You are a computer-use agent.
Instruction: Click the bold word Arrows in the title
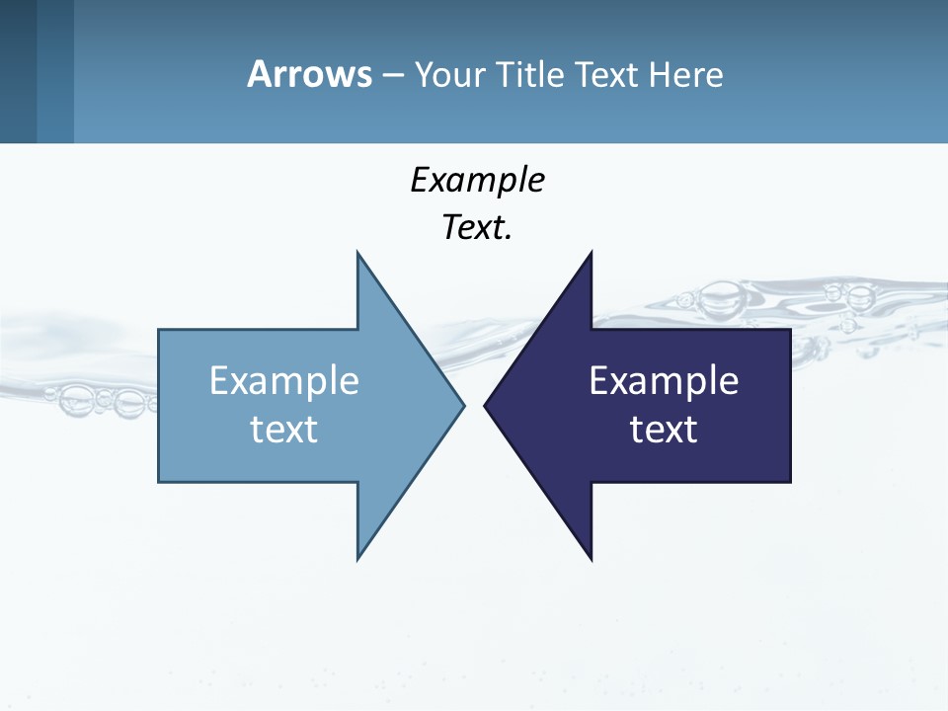click(x=309, y=74)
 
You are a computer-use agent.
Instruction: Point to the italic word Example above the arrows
click(x=477, y=180)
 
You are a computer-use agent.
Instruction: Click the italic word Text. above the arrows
click(x=477, y=227)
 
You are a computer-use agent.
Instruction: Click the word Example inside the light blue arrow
click(x=284, y=380)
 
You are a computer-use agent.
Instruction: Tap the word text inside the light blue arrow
click(x=284, y=429)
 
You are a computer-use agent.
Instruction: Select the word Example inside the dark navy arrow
click(x=664, y=380)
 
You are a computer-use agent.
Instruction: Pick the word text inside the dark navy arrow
click(x=664, y=429)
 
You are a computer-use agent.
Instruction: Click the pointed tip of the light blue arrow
click(x=462, y=405)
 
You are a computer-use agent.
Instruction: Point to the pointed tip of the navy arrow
click(x=486, y=405)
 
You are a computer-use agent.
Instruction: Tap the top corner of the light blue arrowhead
click(x=357, y=253)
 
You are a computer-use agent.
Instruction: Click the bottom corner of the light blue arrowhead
click(x=357, y=558)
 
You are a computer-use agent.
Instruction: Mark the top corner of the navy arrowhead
click(x=591, y=253)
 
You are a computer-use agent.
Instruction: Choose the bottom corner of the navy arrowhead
click(x=591, y=559)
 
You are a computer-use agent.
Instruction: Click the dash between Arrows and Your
click(x=392, y=75)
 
